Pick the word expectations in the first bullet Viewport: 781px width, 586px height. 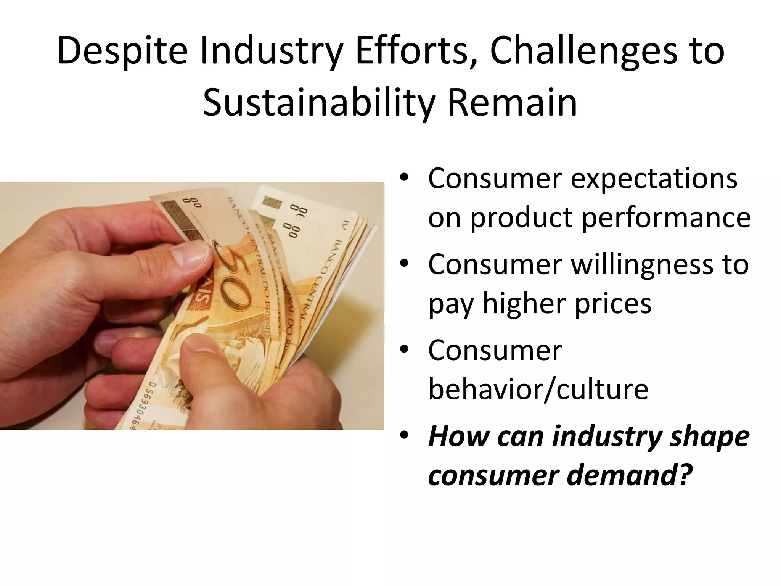[x=654, y=179]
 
